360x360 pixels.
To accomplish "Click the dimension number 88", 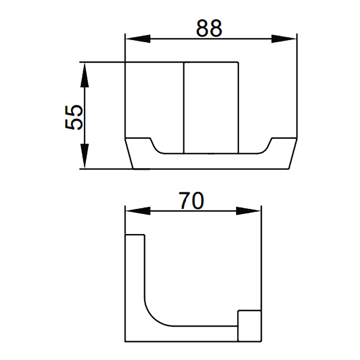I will point(210,28).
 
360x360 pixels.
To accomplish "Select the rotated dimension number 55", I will point(74,117).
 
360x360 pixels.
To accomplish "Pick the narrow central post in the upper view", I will point(211,108).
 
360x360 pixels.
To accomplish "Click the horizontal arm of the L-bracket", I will point(201,333).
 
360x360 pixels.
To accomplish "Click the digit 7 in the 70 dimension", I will point(185,200).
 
